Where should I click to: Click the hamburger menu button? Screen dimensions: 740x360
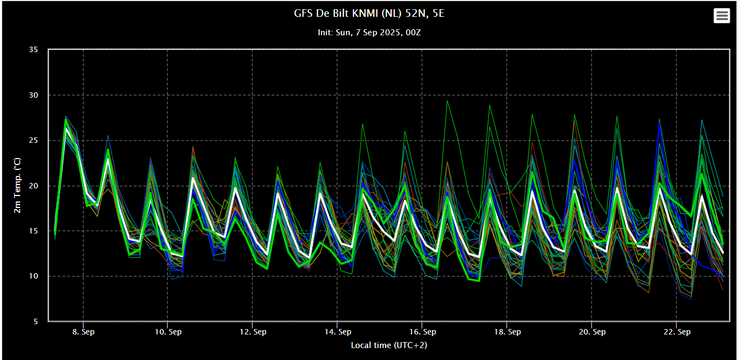[722, 16]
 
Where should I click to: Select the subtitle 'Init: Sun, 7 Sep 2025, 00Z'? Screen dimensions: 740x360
[369, 33]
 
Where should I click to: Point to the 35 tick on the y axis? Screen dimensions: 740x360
[33, 49]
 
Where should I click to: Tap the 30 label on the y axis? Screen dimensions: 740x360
[33, 95]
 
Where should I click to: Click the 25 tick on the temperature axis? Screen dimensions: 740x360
[33, 141]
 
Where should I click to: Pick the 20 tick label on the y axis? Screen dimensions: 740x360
[33, 186]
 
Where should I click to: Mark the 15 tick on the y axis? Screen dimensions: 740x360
[33, 231]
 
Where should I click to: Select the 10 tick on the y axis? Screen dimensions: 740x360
[33, 276]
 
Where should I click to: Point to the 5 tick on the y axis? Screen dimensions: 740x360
[36, 321]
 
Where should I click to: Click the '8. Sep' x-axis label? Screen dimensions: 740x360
[83, 332]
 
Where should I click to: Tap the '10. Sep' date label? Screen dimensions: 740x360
[168, 332]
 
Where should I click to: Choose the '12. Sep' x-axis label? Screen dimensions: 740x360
[252, 332]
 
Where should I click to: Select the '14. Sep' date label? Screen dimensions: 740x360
[338, 332]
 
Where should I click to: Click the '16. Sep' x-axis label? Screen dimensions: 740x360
[422, 332]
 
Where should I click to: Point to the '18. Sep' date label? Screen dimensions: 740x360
[508, 332]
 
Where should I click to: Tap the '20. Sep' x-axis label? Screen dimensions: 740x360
[592, 332]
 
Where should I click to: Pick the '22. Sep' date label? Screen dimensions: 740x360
[677, 332]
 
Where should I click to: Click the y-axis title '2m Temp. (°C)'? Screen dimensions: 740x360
[17, 185]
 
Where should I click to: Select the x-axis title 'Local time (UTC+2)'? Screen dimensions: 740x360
[389, 345]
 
